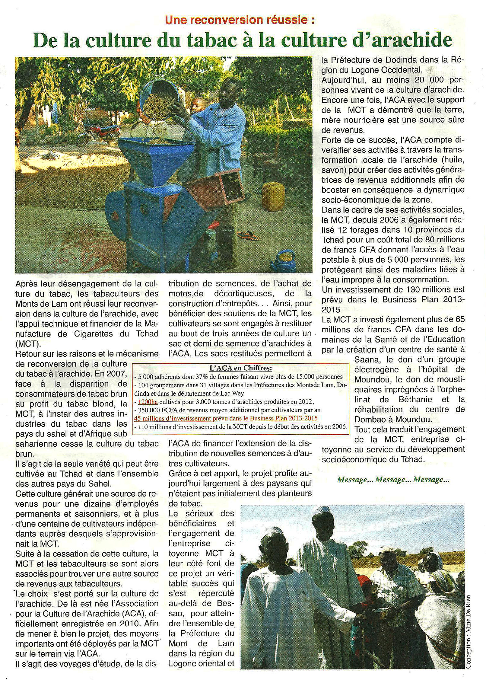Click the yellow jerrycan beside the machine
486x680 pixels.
(273, 196)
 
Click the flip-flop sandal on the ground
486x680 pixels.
(249, 234)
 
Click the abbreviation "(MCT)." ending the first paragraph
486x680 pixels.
(29, 344)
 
